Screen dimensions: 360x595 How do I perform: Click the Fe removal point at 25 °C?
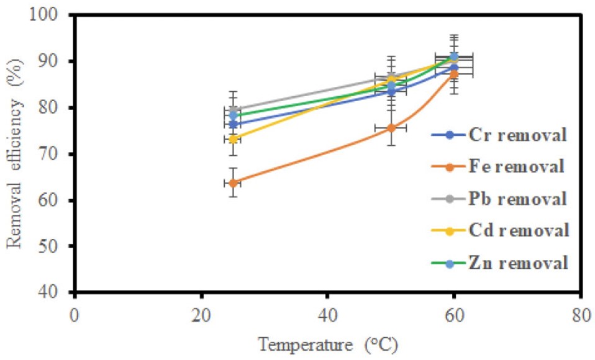(x=233, y=182)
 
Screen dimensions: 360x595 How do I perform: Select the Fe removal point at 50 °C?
(x=391, y=128)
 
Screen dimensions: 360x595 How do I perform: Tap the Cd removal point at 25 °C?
(x=233, y=139)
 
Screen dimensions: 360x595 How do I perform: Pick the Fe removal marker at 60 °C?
(x=454, y=74)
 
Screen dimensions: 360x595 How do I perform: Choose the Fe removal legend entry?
(x=499, y=166)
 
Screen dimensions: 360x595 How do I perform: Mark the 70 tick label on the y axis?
(x=58, y=154)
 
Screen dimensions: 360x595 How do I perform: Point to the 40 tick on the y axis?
(x=58, y=292)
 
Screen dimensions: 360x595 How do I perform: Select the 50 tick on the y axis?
(x=58, y=246)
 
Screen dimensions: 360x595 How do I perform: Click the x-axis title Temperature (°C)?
(x=327, y=343)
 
